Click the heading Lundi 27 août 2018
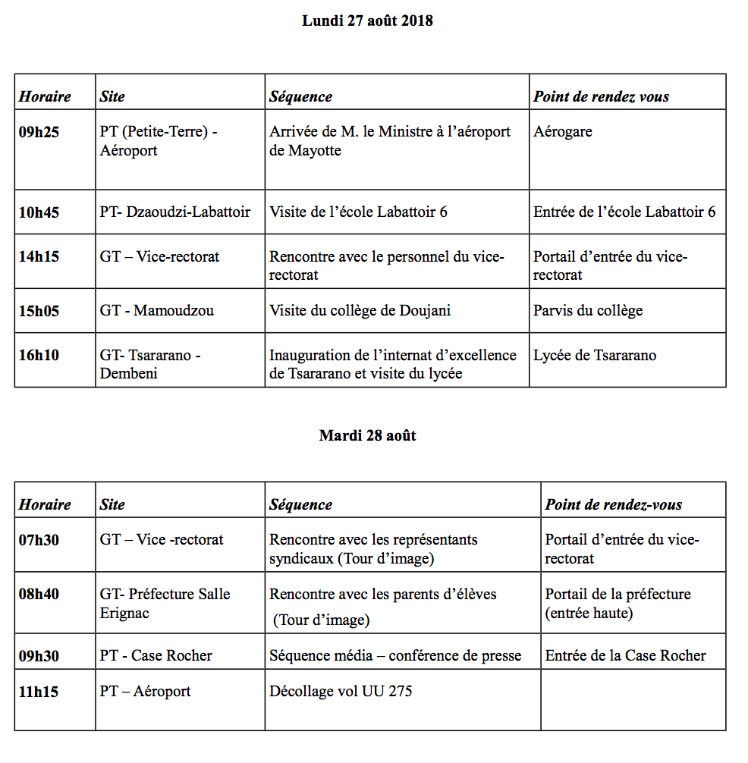(367, 21)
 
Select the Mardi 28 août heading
(367, 436)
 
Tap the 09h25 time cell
(39, 132)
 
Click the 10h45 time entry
(39, 212)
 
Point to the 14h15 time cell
(39, 257)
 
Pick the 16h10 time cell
(39, 356)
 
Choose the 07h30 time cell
(39, 540)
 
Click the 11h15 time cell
(39, 692)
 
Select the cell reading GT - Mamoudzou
(156, 311)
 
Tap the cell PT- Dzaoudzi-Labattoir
(174, 212)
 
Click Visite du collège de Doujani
(360, 311)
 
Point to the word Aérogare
(562, 132)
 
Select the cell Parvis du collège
(588, 311)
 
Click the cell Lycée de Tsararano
(595, 356)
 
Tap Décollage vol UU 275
(341, 692)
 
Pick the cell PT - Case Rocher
(156, 656)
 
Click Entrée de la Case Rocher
(625, 656)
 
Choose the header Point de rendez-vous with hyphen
(613, 505)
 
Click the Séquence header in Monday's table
(300, 97)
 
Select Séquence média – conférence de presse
(395, 656)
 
